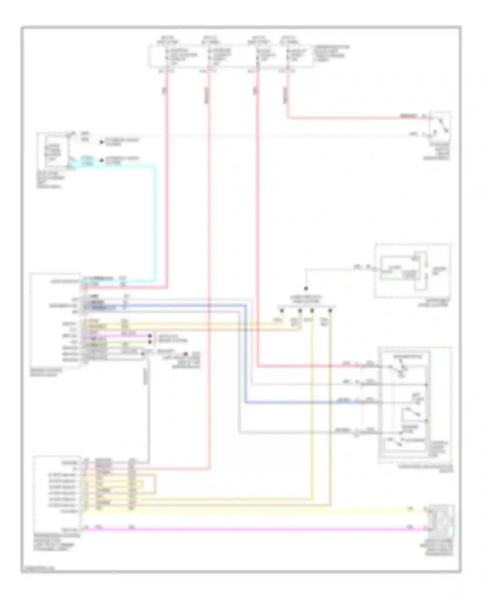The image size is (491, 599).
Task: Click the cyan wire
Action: coord(155,223)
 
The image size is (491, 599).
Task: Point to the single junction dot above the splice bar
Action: coord(306,289)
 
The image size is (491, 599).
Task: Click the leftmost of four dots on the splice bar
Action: coord(282,310)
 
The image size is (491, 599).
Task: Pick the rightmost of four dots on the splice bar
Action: coord(330,310)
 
